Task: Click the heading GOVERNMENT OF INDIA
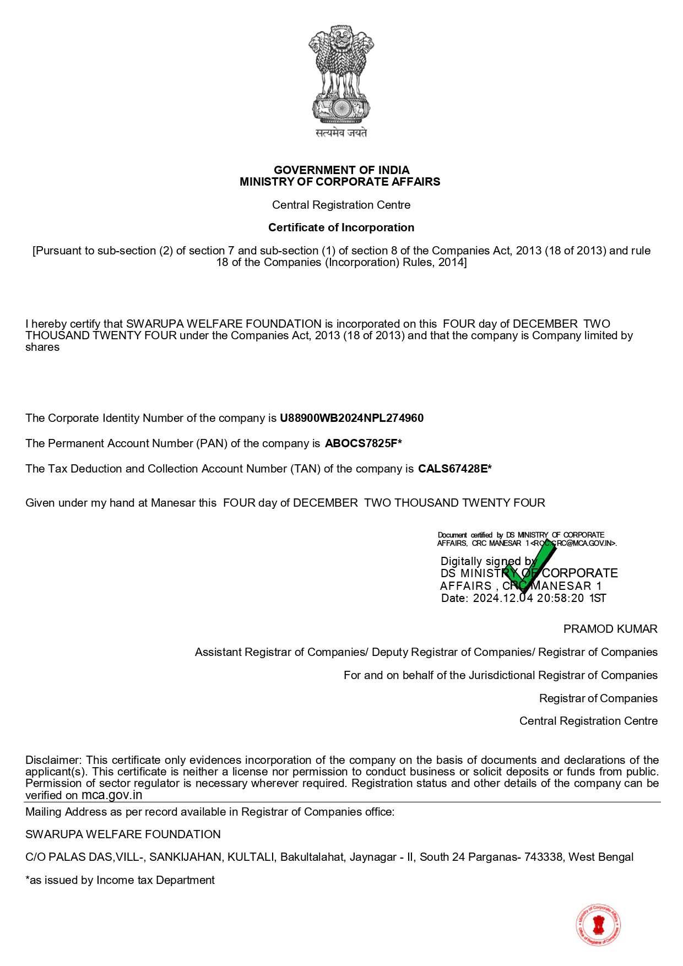coord(341,170)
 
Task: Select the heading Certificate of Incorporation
coord(341,227)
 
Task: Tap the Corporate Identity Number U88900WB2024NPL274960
coord(351,418)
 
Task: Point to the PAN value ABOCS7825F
coord(361,443)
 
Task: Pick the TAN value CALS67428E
coord(452,469)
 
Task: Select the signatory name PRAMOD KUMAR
coord(610,629)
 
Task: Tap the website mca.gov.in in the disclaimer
coord(112,795)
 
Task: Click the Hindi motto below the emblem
coord(341,133)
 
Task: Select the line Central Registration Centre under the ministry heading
coord(341,205)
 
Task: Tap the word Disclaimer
coord(53,760)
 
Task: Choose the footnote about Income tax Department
coord(120,880)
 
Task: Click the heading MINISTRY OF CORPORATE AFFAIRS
coord(340,182)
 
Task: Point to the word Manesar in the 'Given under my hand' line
coord(173,503)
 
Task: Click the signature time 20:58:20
coord(560,598)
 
